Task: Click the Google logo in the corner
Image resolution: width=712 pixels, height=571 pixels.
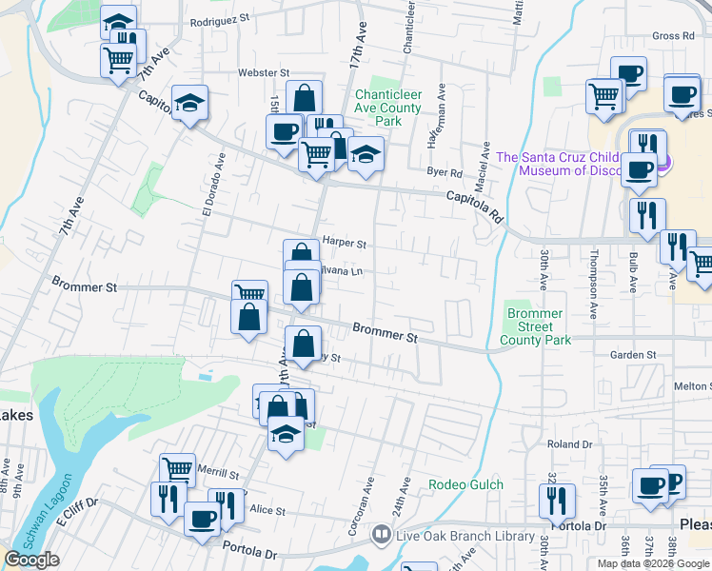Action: [31, 561]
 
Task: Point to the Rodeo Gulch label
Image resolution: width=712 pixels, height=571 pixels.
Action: [466, 484]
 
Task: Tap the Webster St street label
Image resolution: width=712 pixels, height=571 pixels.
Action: [264, 72]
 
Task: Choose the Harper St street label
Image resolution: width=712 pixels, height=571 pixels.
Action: [345, 243]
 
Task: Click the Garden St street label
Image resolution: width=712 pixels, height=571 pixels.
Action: [634, 355]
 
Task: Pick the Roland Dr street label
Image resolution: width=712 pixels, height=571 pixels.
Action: [570, 444]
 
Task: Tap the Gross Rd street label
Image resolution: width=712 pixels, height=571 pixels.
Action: [674, 36]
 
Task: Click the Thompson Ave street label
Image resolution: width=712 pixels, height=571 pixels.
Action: [592, 283]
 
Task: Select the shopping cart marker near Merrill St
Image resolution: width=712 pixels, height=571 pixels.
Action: [177, 468]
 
